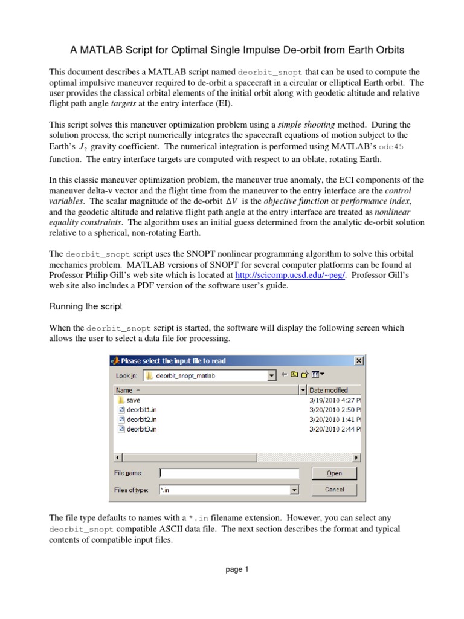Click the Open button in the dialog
(x=334, y=473)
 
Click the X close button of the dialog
(x=358, y=361)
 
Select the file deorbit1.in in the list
(x=142, y=409)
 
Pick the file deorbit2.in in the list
(x=142, y=419)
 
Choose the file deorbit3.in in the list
(x=142, y=429)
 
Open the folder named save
(x=133, y=400)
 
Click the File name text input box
(x=229, y=473)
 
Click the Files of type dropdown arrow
(x=294, y=490)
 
